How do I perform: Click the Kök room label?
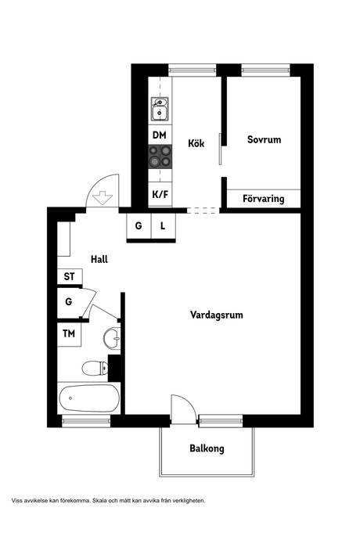point(196,143)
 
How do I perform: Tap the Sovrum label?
point(265,139)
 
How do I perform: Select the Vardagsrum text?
point(217,315)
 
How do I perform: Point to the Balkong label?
point(207,448)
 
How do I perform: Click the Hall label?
point(99,259)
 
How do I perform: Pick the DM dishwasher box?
point(160,135)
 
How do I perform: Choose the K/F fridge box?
point(160,194)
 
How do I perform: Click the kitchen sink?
point(160,109)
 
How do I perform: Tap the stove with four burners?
point(160,157)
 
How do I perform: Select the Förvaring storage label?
point(264,199)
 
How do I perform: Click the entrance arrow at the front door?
point(103,198)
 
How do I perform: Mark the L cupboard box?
point(164,226)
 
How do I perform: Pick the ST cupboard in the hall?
point(70,276)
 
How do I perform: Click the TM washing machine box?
point(69,333)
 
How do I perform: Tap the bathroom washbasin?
point(112,338)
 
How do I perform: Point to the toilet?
point(95,368)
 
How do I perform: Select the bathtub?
point(89,398)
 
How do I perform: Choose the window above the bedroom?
point(265,70)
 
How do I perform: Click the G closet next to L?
point(139,226)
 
